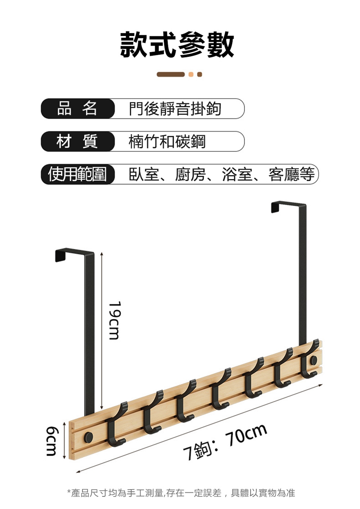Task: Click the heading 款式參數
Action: [x=177, y=45]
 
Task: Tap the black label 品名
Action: [x=77, y=109]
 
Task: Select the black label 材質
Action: [x=77, y=142]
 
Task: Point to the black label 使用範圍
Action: [x=77, y=174]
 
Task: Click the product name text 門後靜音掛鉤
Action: [x=175, y=109]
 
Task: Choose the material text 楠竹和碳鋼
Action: [x=167, y=142]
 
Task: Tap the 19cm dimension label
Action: [x=114, y=320]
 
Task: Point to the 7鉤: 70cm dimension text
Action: [x=225, y=442]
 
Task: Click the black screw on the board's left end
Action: [x=89, y=436]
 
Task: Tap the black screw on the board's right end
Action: [x=313, y=361]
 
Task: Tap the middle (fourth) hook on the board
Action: [x=219, y=390]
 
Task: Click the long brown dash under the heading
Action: [x=171, y=74]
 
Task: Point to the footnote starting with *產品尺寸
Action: [x=181, y=493]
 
